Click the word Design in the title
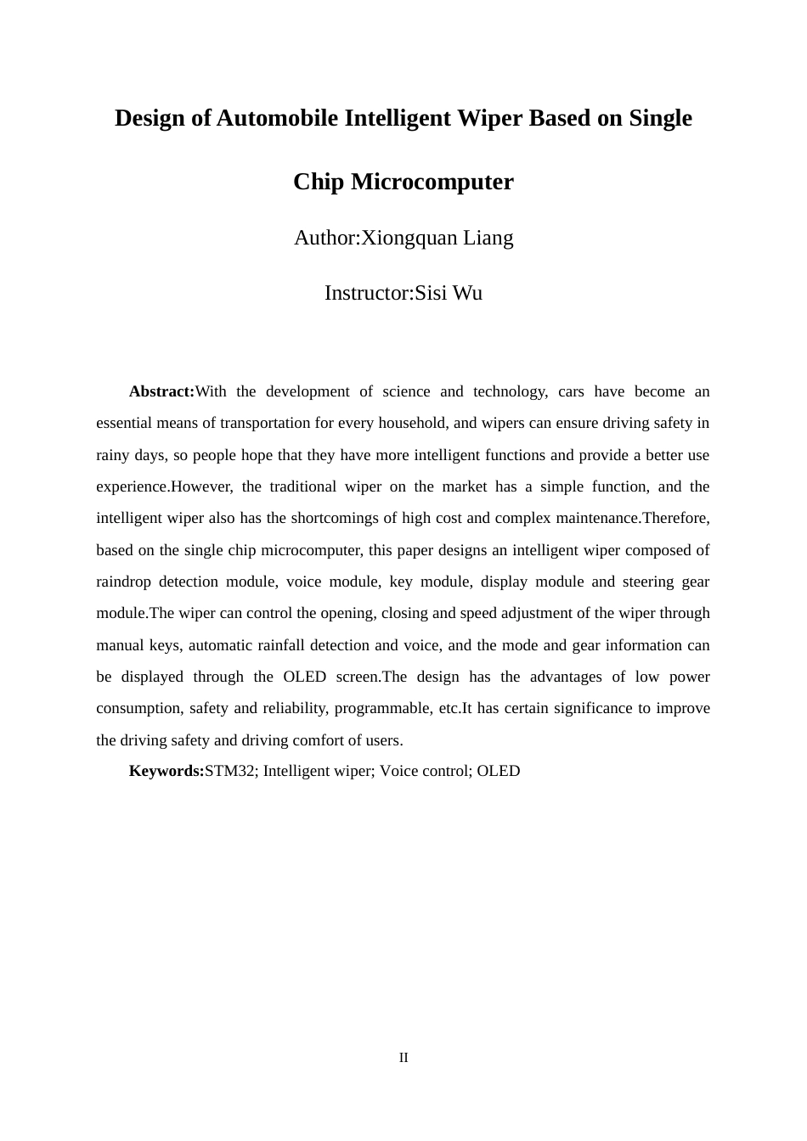pyautogui.click(x=150, y=118)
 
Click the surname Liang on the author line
pyautogui.click(x=488, y=238)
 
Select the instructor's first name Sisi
pyautogui.click(x=432, y=294)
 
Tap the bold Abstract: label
pyautogui.click(x=161, y=391)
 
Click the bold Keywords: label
pyautogui.click(x=166, y=771)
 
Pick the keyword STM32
pyautogui.click(x=230, y=771)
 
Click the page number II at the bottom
pyautogui.click(x=403, y=1058)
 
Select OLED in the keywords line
pyautogui.click(x=499, y=771)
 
